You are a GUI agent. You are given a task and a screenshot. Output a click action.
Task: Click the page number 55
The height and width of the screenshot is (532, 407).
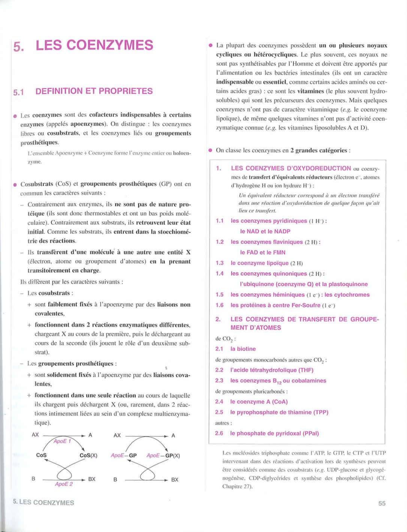tap(382, 503)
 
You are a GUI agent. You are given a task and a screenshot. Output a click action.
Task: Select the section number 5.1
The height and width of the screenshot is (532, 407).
tap(18, 92)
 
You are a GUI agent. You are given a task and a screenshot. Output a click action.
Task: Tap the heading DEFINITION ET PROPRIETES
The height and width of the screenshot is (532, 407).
tap(94, 91)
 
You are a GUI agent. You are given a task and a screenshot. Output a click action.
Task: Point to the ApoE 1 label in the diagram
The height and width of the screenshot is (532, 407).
tap(62, 441)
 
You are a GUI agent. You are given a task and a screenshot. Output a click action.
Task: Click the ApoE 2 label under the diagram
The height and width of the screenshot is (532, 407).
tap(64, 484)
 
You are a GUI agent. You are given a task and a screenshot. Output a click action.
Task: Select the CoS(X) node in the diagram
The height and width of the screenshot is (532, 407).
tap(88, 455)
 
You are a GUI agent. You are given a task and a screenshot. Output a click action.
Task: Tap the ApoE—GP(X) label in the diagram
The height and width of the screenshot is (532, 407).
tap(163, 455)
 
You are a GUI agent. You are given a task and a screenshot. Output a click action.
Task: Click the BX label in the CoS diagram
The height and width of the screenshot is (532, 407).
tap(92, 479)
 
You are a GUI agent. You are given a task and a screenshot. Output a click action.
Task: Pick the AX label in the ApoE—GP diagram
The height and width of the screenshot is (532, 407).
tap(117, 435)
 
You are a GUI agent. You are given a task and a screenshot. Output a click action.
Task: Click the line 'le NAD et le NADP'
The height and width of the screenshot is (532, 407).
tap(265, 231)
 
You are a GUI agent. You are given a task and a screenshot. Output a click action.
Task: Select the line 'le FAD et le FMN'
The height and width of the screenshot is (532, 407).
tap(262, 253)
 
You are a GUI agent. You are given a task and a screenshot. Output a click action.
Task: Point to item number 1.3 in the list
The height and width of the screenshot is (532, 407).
tap(220, 263)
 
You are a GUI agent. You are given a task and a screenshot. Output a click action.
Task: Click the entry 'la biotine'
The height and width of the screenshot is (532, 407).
tap(243, 349)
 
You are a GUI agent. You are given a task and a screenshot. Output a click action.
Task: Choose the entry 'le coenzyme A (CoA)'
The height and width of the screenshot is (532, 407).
tap(259, 402)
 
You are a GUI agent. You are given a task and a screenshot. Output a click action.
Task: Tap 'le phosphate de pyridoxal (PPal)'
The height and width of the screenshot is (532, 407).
tap(274, 433)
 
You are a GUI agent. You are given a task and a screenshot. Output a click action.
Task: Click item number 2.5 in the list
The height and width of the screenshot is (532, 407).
tap(219, 412)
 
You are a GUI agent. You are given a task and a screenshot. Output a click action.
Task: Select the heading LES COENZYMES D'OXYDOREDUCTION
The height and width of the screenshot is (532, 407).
tap(291, 169)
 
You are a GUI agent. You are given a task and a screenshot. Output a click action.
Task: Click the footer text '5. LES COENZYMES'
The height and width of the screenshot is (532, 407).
tap(43, 502)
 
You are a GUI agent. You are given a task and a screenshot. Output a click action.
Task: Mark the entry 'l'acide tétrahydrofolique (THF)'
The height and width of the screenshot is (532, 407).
tap(272, 370)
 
